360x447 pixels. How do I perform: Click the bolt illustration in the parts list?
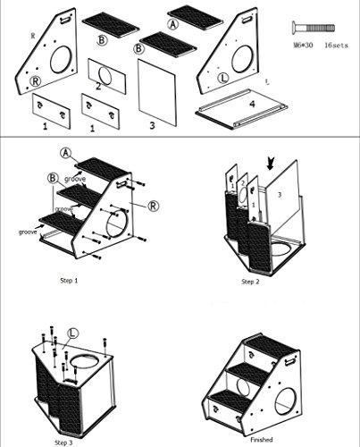[317, 27]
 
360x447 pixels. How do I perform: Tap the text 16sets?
[337, 43]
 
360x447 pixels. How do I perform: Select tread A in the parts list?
[187, 15]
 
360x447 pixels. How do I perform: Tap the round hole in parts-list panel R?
[63, 59]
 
